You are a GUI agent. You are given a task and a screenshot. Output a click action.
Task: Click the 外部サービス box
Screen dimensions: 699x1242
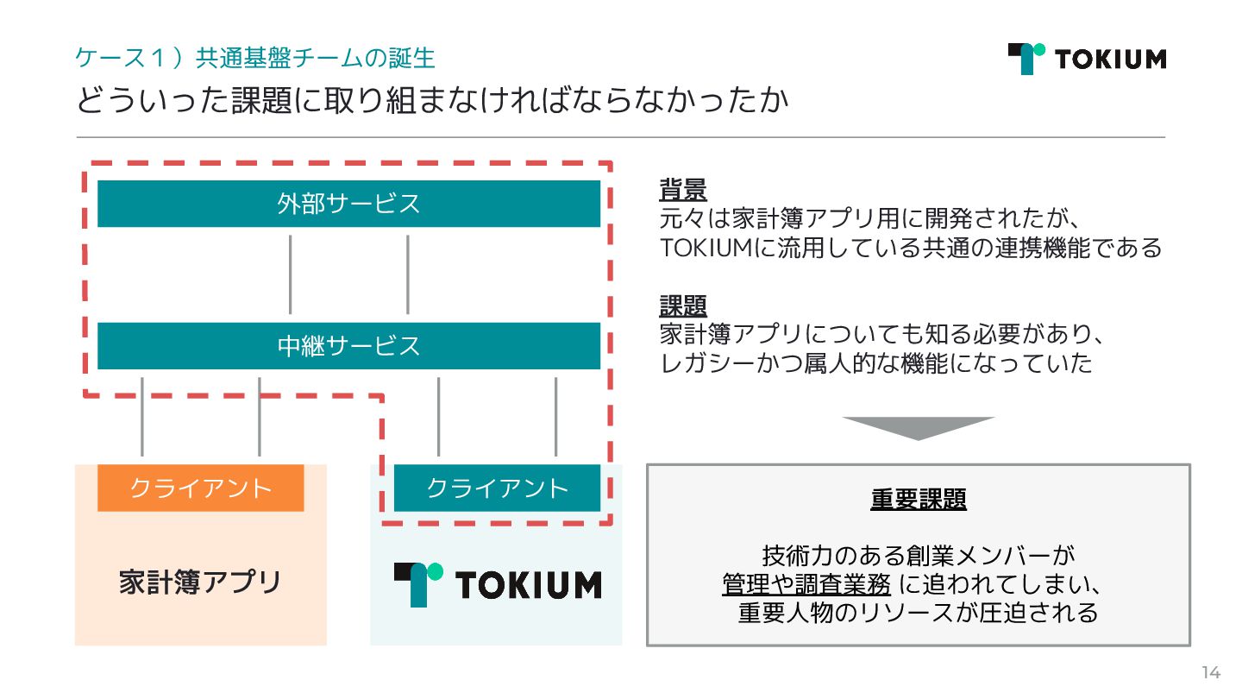348,204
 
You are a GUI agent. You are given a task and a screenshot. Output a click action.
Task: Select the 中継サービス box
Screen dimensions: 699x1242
348,346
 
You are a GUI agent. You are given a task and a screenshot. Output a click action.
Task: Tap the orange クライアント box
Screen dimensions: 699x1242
200,488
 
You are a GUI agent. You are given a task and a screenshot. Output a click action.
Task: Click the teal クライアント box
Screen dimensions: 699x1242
497,488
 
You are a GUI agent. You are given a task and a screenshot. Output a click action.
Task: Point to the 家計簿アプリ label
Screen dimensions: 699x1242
200,582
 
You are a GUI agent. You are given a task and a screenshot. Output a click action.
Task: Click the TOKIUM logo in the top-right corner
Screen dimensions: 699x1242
1087,59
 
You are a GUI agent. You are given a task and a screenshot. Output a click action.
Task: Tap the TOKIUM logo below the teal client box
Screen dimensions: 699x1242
497,584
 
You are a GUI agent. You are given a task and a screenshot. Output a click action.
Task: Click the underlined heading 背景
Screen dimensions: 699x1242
683,188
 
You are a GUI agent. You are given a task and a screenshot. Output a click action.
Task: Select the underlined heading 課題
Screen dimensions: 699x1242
683,305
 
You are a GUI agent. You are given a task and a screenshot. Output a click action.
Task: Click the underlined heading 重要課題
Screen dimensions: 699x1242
918,500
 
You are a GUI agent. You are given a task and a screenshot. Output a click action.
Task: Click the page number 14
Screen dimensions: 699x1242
1211,673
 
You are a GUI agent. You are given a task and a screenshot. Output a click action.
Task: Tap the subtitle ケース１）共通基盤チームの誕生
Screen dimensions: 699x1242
255,58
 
